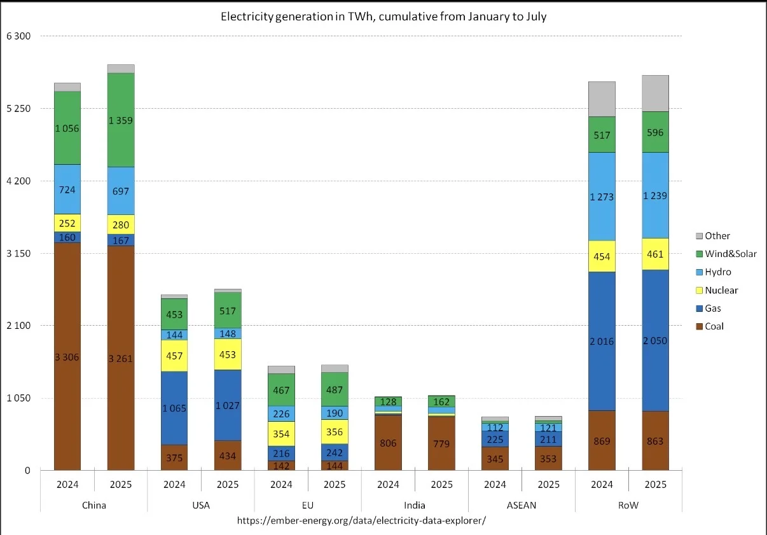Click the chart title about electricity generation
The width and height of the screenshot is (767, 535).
(x=383, y=17)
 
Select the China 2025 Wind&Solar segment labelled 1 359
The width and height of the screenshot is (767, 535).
(x=121, y=120)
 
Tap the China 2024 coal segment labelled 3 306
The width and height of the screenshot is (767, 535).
(x=67, y=357)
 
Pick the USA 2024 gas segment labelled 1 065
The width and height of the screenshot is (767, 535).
(x=174, y=408)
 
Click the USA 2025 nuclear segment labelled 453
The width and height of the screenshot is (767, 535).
(x=228, y=354)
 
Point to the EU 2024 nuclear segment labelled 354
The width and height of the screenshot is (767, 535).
(x=281, y=434)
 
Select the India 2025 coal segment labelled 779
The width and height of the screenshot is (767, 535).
(x=441, y=443)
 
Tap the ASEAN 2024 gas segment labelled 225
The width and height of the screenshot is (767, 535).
(x=495, y=438)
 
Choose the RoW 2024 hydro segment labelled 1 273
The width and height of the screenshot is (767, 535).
(x=602, y=197)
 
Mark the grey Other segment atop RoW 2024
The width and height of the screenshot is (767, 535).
(x=602, y=99)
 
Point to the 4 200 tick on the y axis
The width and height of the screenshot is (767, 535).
(x=18, y=181)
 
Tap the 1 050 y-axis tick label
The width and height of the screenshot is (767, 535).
(x=18, y=398)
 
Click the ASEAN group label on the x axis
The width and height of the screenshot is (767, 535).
(x=522, y=505)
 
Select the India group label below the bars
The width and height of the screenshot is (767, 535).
(x=415, y=505)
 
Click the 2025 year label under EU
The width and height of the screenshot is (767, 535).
(x=335, y=485)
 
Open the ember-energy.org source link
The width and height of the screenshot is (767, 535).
(x=361, y=520)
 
